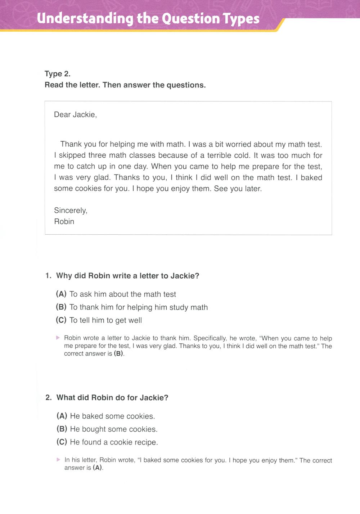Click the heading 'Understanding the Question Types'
[x=148, y=18]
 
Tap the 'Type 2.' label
[x=58, y=74]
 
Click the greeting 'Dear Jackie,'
[x=75, y=115]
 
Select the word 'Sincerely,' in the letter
[x=71, y=211]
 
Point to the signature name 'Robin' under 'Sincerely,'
[x=64, y=222]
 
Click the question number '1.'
[x=48, y=276]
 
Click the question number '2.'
[x=49, y=398]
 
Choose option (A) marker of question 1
[x=61, y=294]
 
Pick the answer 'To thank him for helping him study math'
[x=139, y=307]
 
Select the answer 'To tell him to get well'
[x=105, y=320]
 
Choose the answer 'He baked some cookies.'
[x=112, y=416]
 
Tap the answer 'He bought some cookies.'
[x=114, y=429]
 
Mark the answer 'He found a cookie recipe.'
[x=114, y=442]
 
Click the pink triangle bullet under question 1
[x=58, y=338]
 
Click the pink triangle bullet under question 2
[x=58, y=460]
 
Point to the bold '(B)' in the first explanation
[x=118, y=354]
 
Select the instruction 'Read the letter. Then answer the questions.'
[x=125, y=85]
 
